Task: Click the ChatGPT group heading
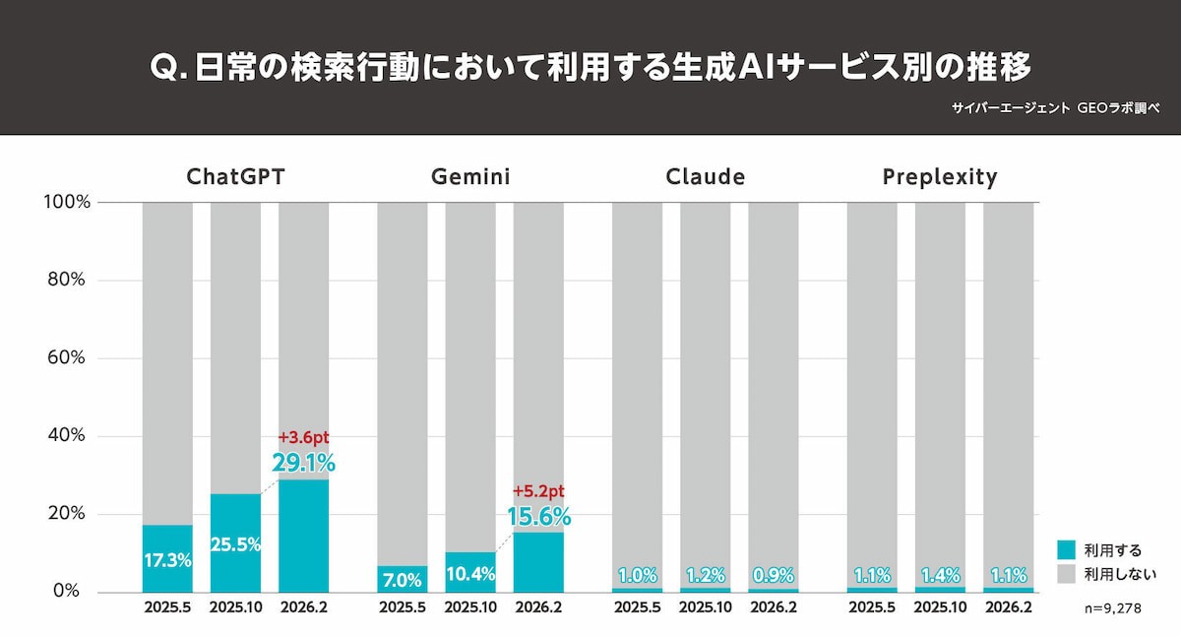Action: click(235, 177)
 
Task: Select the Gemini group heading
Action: click(470, 177)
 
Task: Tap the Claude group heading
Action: click(705, 177)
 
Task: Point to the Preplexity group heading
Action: click(940, 177)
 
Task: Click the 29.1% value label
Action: click(304, 462)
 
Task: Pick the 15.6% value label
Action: click(538, 516)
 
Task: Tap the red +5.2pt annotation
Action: click(538, 491)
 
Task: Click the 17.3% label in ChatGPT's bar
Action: click(167, 560)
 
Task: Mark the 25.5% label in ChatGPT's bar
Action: click(235, 543)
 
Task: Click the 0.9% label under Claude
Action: click(773, 576)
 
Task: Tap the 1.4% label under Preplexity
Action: click(940, 576)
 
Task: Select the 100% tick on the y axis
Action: click(67, 202)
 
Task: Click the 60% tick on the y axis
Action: click(67, 357)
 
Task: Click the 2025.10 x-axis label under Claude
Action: click(705, 607)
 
